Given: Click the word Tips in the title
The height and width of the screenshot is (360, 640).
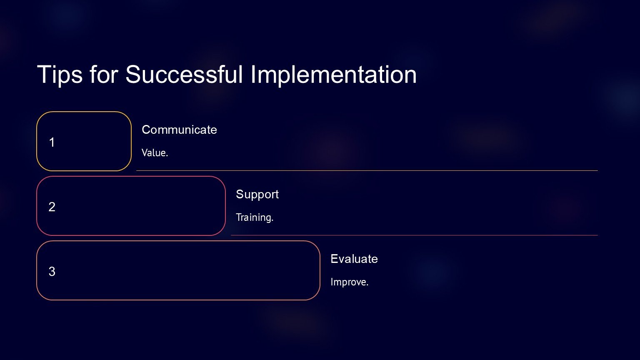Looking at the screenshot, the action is click(60, 75).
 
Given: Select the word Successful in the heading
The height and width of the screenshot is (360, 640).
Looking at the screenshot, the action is click(184, 74).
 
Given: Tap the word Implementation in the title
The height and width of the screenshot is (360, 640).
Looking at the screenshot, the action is click(334, 75).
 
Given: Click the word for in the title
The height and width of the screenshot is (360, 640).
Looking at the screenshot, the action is click(104, 74).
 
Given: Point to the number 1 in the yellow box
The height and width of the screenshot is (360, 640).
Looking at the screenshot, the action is click(52, 142).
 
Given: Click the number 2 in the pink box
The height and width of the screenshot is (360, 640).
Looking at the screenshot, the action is click(52, 207).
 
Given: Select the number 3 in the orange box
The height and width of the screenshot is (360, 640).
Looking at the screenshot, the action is click(52, 271).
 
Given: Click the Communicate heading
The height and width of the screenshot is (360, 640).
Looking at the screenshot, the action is click(180, 130).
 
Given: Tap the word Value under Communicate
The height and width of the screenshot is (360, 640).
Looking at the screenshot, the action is click(155, 152).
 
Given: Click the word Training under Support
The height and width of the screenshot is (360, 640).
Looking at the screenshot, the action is click(255, 217).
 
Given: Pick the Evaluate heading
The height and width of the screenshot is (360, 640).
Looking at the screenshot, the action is click(354, 259).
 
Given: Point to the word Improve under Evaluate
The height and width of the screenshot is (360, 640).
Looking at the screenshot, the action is click(350, 282).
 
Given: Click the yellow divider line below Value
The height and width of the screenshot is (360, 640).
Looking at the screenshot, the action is click(367, 170).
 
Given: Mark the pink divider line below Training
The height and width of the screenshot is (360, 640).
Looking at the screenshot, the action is click(414, 235).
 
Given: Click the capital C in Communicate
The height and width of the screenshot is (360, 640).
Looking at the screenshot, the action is click(146, 130).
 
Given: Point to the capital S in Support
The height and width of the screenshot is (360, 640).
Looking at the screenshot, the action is click(240, 194).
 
